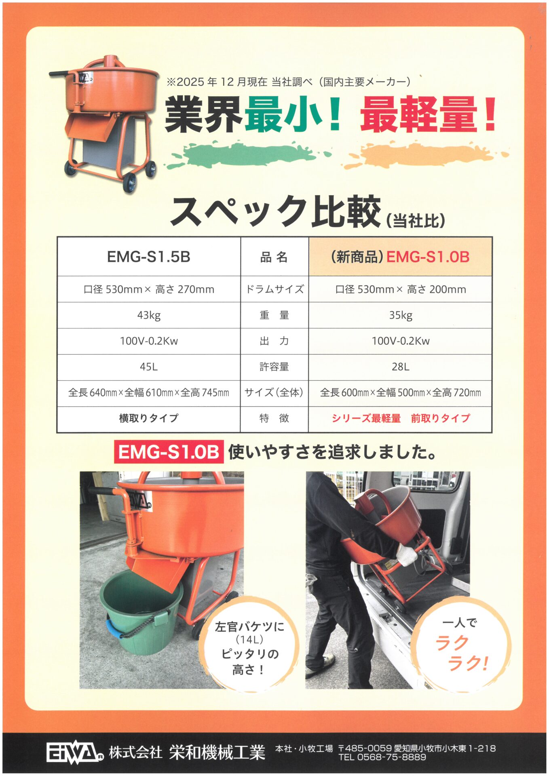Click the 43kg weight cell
149,315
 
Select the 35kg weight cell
400,315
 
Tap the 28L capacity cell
400,367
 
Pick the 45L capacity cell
149,367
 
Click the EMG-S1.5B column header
149,257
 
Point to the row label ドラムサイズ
274,289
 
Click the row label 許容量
274,367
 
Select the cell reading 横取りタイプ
149,418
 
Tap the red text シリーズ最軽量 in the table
366,418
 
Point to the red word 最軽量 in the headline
418,115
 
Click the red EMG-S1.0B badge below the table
169,452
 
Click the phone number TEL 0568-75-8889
382,757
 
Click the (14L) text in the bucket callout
249,640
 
